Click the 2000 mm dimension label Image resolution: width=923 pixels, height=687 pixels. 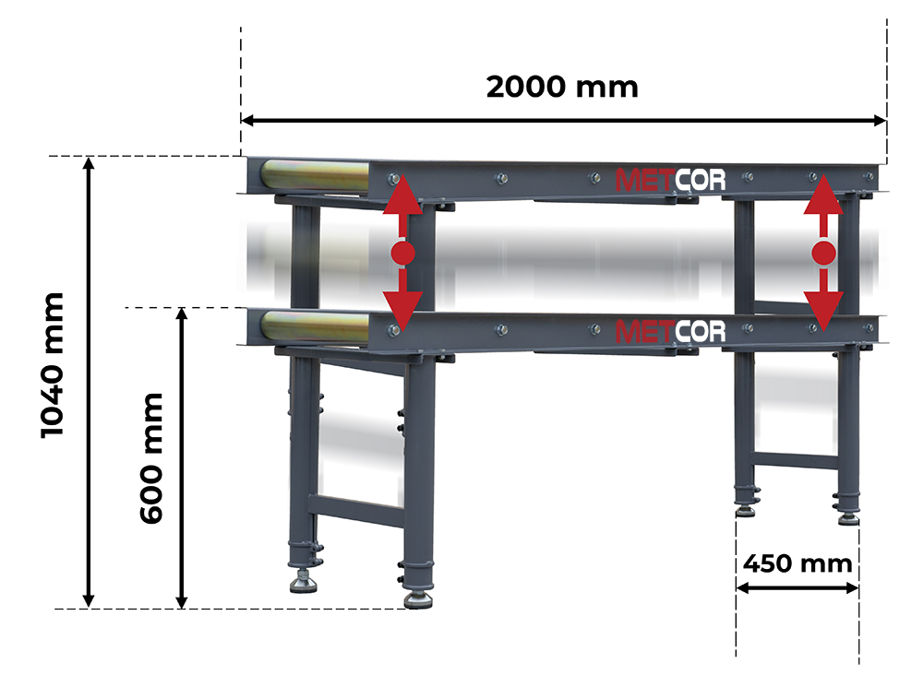(x=562, y=87)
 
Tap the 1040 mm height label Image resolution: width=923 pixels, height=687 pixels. (x=52, y=365)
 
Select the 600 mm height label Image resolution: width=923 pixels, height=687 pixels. (x=150, y=459)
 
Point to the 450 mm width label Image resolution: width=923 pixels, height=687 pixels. (x=797, y=563)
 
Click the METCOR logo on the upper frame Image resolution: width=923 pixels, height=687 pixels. (x=670, y=180)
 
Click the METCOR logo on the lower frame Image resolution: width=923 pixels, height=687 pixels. (x=670, y=332)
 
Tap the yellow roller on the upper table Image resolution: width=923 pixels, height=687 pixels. (x=316, y=174)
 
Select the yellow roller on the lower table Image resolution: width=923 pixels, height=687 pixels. (x=316, y=326)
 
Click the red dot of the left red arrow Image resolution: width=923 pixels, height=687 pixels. (x=403, y=253)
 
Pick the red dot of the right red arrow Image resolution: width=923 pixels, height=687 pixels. (x=823, y=253)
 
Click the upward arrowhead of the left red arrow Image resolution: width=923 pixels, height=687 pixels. (x=403, y=194)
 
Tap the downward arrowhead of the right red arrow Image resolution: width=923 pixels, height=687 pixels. (x=823, y=312)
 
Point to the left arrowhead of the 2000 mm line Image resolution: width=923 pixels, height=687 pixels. (x=247, y=121)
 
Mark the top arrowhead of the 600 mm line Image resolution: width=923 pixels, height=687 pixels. (x=182, y=314)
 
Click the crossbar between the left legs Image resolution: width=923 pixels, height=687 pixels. (x=355, y=509)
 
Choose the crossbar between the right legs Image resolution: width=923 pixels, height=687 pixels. (x=796, y=459)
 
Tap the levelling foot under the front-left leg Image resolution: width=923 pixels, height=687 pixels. (x=418, y=599)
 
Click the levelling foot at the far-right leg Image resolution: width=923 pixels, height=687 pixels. (x=848, y=518)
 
